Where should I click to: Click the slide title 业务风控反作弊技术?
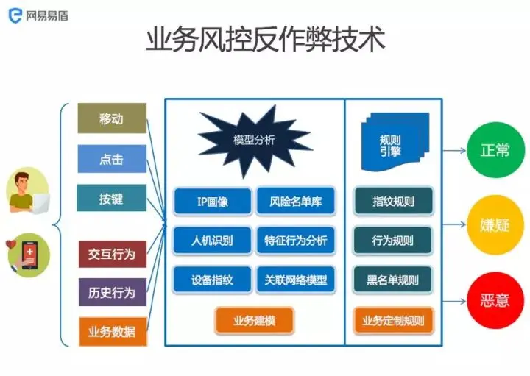pos(266,39)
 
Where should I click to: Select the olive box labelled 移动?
pos(112,118)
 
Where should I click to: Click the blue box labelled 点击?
pos(112,158)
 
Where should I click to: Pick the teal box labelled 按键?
pos(112,198)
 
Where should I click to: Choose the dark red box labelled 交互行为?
pos(112,254)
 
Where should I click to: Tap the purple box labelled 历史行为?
pos(112,292)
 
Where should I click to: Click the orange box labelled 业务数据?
pos(112,331)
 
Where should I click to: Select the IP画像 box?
pos(212,201)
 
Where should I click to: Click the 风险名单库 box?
pos(295,201)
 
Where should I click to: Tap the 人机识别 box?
pos(212,241)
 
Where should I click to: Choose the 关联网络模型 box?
pos(295,280)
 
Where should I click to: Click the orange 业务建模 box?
pos(254,320)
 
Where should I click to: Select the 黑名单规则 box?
pos(393,280)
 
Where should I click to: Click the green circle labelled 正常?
pos(495,151)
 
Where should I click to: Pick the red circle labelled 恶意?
pos(495,301)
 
